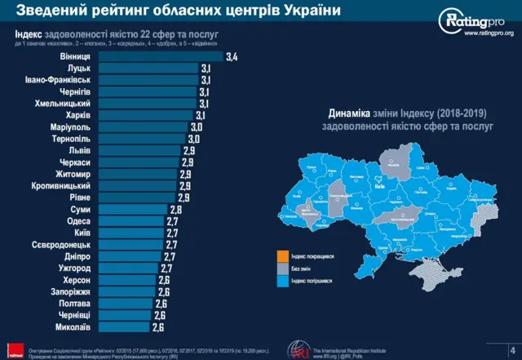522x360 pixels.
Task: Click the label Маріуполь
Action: tap(87, 128)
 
